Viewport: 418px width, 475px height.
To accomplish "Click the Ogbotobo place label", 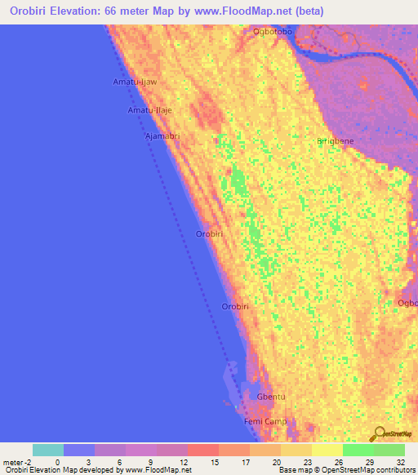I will click(x=273, y=32).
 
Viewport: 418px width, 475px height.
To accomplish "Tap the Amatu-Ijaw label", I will click(x=134, y=82).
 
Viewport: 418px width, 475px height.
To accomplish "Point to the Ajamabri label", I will click(x=162, y=136).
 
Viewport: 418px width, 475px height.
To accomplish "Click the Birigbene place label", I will click(x=336, y=141).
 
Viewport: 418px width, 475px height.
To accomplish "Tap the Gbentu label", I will click(x=270, y=397).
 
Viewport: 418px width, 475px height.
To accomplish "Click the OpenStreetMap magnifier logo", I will click(x=380, y=433).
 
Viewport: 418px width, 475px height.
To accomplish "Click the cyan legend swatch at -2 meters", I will click(x=48, y=450).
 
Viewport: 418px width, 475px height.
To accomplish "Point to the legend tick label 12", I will click(x=184, y=461).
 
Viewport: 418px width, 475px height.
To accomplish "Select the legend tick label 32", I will click(x=401, y=461).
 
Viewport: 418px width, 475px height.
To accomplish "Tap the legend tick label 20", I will click(x=277, y=461).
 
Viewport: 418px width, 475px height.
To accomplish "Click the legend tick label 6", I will click(x=120, y=461).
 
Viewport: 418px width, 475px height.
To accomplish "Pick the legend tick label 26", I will click(x=339, y=461).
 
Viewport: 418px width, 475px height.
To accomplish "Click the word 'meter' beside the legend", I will click(x=12, y=461).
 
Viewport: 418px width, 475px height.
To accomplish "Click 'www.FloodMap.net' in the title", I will click(x=253, y=11).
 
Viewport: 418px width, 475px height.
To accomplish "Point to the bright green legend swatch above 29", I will click(x=358, y=450).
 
